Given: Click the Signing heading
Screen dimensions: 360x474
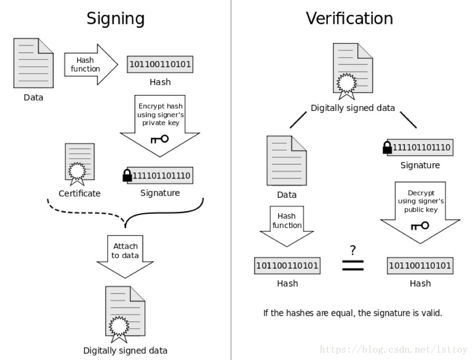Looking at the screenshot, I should point(115,18).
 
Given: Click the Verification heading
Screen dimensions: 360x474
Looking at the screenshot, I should point(349,18).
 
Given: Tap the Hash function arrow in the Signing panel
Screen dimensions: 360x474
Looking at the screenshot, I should point(90,64).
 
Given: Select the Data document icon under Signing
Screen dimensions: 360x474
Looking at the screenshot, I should point(33,63).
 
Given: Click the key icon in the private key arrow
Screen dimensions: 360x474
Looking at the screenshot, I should point(159,139).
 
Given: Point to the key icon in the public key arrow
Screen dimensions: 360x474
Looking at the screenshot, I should point(420,225).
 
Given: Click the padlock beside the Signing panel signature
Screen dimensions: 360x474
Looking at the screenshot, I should point(127,175).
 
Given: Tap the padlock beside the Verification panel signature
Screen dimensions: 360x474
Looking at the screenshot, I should point(387,147).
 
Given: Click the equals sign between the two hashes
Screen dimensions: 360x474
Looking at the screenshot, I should point(353,266).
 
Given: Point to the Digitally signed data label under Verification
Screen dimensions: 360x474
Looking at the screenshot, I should point(353,108).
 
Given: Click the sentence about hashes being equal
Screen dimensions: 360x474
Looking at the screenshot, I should point(353,312).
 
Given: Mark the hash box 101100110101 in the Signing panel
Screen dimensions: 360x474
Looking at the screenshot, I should point(160,65).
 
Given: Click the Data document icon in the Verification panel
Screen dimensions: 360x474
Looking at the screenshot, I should point(287,160).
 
